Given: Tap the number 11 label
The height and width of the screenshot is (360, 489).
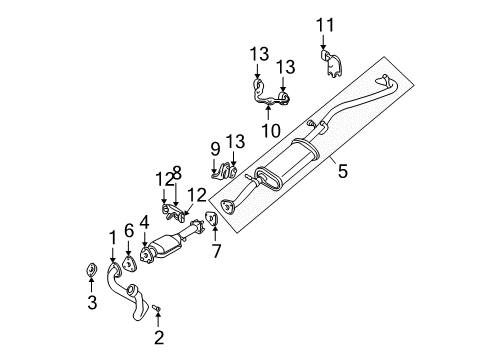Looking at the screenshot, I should coord(322,24).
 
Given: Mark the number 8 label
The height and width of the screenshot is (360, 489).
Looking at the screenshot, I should coord(178,171).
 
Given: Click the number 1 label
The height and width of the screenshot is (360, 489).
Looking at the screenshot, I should coord(113,236).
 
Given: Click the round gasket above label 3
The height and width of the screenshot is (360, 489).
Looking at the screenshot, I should coord(89,269).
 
